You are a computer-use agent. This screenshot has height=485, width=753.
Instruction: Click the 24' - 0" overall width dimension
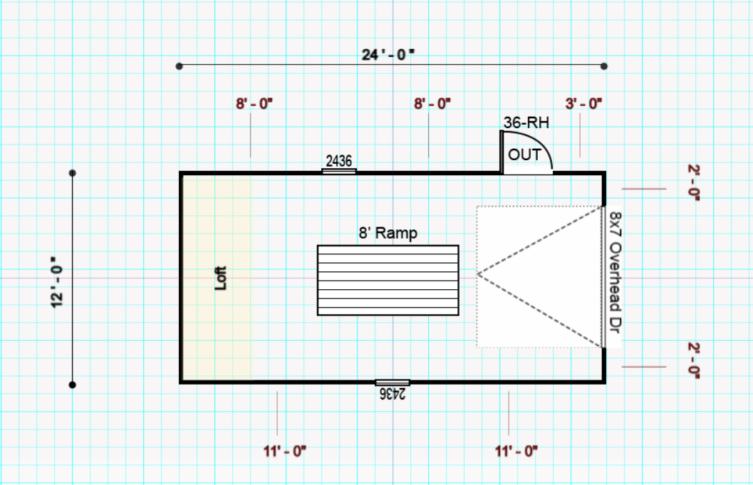(388, 54)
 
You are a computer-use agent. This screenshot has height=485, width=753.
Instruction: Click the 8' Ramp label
(388, 233)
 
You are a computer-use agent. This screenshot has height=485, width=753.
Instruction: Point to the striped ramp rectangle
(388, 280)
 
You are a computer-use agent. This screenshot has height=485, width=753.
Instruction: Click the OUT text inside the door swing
(524, 155)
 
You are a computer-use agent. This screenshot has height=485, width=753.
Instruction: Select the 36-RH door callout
(526, 122)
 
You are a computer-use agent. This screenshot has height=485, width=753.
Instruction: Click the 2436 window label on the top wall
(339, 161)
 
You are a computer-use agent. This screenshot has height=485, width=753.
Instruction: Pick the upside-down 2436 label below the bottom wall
(393, 393)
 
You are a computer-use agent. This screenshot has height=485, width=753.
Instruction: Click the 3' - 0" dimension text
(584, 103)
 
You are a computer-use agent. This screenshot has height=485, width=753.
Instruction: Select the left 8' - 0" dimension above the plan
(254, 103)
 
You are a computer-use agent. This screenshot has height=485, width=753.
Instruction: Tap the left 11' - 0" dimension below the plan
(284, 450)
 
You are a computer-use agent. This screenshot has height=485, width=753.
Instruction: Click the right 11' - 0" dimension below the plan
(516, 450)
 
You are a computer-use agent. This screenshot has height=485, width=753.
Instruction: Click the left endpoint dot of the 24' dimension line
(180, 66)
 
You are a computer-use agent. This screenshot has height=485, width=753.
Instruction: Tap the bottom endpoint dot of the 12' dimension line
(73, 385)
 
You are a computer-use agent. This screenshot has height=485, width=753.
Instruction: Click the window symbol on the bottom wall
(393, 382)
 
